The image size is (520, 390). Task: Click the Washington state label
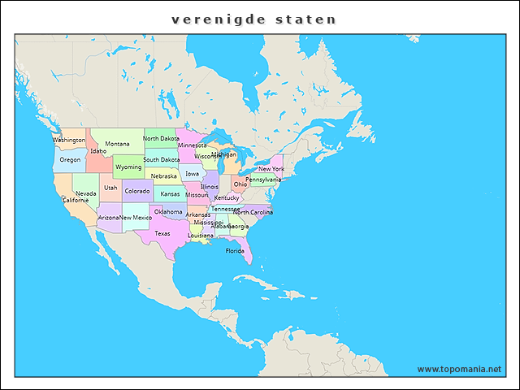point(69,140)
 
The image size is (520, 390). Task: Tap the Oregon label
point(70,159)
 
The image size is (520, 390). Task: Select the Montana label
point(117,144)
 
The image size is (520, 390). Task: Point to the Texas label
point(162,233)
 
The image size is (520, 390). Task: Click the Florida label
point(235,251)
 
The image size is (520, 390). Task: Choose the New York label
point(271,169)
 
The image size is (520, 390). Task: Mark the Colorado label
point(136,191)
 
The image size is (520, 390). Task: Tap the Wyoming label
point(128,167)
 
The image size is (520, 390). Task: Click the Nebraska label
point(163,176)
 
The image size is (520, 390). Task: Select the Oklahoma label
point(168,211)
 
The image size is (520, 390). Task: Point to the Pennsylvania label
point(263,179)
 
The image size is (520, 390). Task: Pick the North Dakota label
point(161,138)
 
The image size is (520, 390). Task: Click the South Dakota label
point(162,159)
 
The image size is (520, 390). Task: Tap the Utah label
point(110,188)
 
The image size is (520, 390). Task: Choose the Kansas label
point(170,194)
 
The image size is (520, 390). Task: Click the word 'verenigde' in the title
point(212,18)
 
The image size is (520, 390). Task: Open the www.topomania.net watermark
point(459,369)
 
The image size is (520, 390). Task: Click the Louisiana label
point(201,235)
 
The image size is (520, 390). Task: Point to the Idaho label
point(98,150)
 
